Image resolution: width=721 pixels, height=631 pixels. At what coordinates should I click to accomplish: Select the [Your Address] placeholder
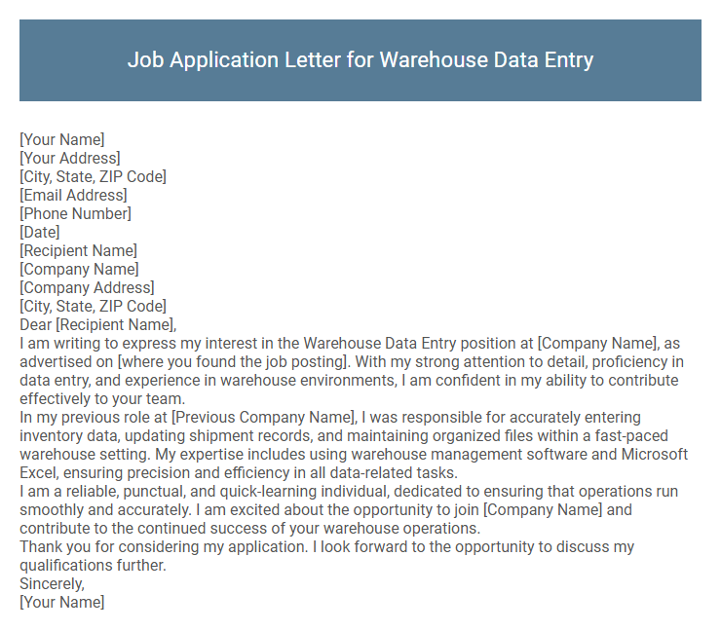70,158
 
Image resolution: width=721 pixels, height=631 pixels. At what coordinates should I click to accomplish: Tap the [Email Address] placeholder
73,195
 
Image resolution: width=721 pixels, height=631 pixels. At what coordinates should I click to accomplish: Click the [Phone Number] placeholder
75,213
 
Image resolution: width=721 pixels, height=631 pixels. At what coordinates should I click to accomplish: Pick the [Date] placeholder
40,232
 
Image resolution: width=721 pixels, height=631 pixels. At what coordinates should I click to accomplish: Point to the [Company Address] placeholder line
87,287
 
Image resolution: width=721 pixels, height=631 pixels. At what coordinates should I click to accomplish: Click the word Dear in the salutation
36,324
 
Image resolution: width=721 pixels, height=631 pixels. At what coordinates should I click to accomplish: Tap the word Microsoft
654,454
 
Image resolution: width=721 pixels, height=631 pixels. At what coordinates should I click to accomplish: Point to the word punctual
150,491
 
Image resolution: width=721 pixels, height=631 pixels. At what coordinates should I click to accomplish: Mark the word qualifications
64,565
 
